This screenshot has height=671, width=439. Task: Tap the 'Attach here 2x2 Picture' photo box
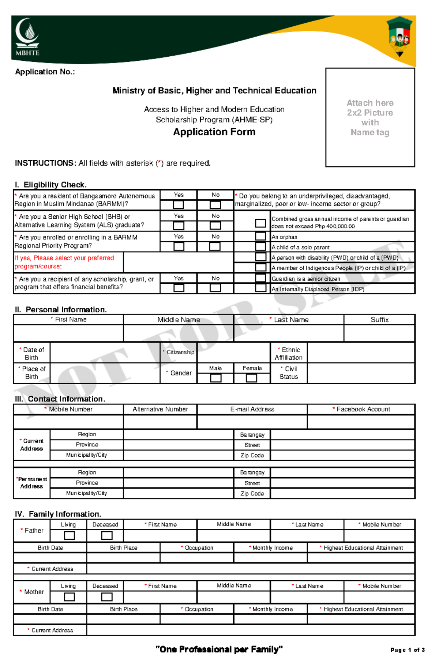coord(370,117)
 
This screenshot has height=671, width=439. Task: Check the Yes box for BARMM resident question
coord(179,205)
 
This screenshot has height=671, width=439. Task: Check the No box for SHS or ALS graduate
coord(215,226)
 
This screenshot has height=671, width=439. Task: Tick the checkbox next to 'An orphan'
coord(260,236)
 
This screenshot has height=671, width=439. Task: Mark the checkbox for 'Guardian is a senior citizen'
coord(260,278)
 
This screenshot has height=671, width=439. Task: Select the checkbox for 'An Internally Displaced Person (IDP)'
coord(260,288)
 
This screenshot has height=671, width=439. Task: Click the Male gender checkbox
coord(215,378)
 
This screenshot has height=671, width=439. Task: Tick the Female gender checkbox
coord(251,378)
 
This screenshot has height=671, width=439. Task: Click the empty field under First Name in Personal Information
coord(68,333)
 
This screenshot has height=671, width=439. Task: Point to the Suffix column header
coord(379,320)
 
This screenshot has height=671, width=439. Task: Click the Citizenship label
coord(180,352)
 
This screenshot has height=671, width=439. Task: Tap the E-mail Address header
coord(252,409)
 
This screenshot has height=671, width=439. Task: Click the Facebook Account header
coord(363,409)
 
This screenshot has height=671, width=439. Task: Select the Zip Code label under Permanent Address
coord(252,493)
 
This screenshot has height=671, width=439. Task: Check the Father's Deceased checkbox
coord(106,535)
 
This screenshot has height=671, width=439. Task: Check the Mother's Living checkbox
coord(69,597)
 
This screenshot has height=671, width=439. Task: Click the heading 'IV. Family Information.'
coord(58,514)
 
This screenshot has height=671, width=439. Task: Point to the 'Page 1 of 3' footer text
coord(407,650)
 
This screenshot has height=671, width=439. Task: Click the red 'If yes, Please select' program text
coord(64,262)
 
